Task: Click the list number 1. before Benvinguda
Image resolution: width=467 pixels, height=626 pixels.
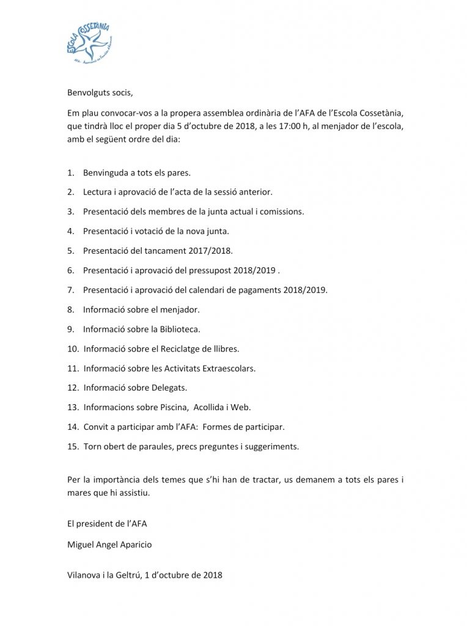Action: [x=72, y=173]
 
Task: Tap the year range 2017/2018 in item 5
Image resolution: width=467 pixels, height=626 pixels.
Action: [x=208, y=251]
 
